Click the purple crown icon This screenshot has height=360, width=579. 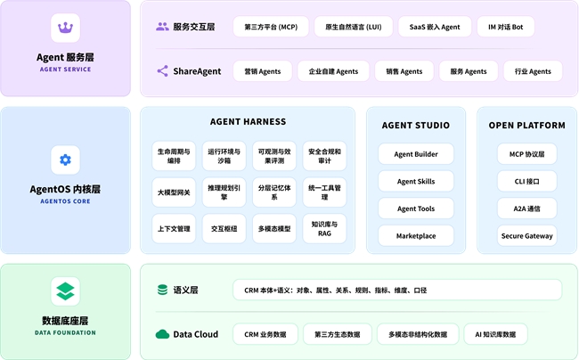pyautogui.click(x=65, y=28)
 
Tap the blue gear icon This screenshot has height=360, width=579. pyautogui.click(x=65, y=160)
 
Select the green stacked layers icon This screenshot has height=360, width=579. pyautogui.click(x=65, y=291)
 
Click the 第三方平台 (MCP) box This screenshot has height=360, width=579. pyautogui.click(x=271, y=27)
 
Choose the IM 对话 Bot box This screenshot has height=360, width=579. pyautogui.click(x=506, y=27)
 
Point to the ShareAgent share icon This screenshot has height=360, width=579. pyautogui.click(x=162, y=71)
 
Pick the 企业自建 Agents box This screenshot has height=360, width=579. pyautogui.click(x=333, y=71)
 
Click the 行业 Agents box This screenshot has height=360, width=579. pyautogui.click(x=533, y=71)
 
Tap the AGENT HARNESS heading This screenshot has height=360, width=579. pyautogui.click(x=249, y=121)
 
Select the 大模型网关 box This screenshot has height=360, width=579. pyautogui.click(x=174, y=192)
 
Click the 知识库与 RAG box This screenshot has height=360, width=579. pyautogui.click(x=324, y=229)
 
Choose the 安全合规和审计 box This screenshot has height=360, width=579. pyautogui.click(x=324, y=156)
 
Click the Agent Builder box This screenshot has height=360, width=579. pyautogui.click(x=416, y=154)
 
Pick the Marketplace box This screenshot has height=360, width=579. pyautogui.click(x=416, y=236)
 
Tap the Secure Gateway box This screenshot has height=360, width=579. pyautogui.click(x=527, y=236)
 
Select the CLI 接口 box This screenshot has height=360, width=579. pyautogui.click(x=527, y=181)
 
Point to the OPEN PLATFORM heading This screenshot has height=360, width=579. pyautogui.click(x=527, y=125)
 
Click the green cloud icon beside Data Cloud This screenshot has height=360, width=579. pyautogui.click(x=162, y=334)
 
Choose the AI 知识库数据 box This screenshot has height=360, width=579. pyautogui.click(x=495, y=334)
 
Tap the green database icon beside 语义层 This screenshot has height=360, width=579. pyautogui.click(x=162, y=290)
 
